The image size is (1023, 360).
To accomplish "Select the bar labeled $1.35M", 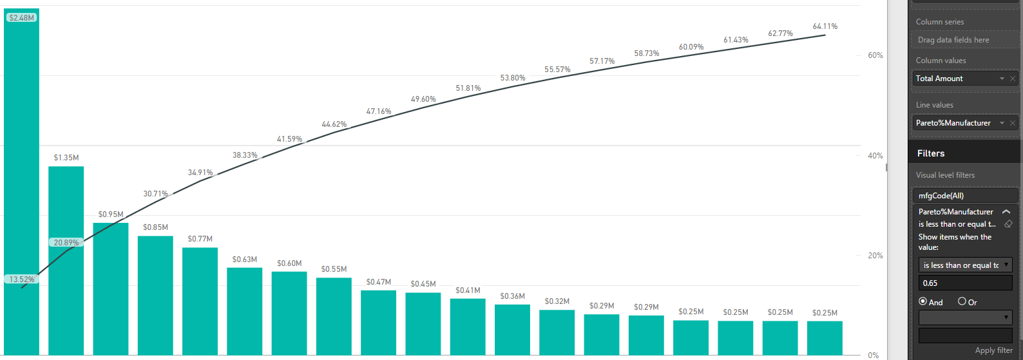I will tap(66, 258).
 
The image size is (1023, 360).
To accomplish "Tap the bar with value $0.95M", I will tap(111, 290).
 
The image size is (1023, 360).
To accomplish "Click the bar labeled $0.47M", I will tap(378, 322).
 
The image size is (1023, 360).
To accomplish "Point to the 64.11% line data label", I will tap(825, 26).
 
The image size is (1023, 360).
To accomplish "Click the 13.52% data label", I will tap(22, 279).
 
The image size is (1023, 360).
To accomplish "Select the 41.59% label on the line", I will tap(289, 139).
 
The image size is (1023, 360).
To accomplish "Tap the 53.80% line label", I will tap(513, 78).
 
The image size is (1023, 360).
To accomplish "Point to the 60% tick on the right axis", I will tap(875, 55).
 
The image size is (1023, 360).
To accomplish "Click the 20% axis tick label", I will tap(875, 256).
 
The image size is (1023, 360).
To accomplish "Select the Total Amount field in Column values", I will tap(957, 79).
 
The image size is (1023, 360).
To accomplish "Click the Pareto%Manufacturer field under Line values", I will tap(957, 123).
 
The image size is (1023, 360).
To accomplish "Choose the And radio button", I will tap(923, 301).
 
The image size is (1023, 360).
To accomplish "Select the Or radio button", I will tap(962, 301).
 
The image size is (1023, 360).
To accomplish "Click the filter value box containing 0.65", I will tap(964, 283).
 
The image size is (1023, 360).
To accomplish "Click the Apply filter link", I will tap(993, 350).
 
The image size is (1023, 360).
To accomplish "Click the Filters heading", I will tap(931, 153).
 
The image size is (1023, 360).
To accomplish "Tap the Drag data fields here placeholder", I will tap(953, 40).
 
